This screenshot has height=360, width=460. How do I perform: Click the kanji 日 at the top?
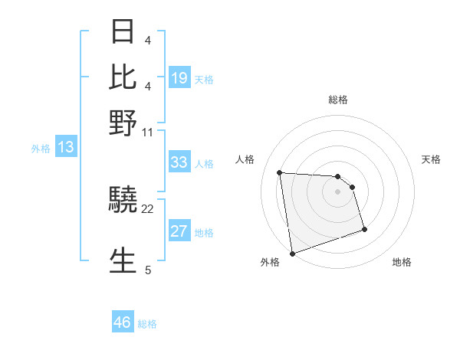point(123,33)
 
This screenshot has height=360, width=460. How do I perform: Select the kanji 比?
point(123,77)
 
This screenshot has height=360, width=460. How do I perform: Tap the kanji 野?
point(123,123)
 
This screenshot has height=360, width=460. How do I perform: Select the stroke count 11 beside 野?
point(148,132)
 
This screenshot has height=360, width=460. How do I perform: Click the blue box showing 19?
point(179,78)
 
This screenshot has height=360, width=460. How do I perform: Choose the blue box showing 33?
point(179,162)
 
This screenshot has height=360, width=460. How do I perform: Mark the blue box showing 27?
point(179,232)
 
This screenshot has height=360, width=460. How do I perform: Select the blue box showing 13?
point(66,148)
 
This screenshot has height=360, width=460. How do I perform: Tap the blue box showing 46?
point(123,322)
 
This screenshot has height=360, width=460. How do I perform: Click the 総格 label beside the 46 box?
point(147,324)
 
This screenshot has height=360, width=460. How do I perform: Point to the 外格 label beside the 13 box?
point(40,149)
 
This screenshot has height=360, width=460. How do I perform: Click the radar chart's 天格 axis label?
point(431,159)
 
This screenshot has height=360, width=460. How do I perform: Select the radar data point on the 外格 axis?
point(292,253)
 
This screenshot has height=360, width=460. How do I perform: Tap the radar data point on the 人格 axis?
point(280,172)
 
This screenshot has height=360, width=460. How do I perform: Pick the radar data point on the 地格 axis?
point(364,229)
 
